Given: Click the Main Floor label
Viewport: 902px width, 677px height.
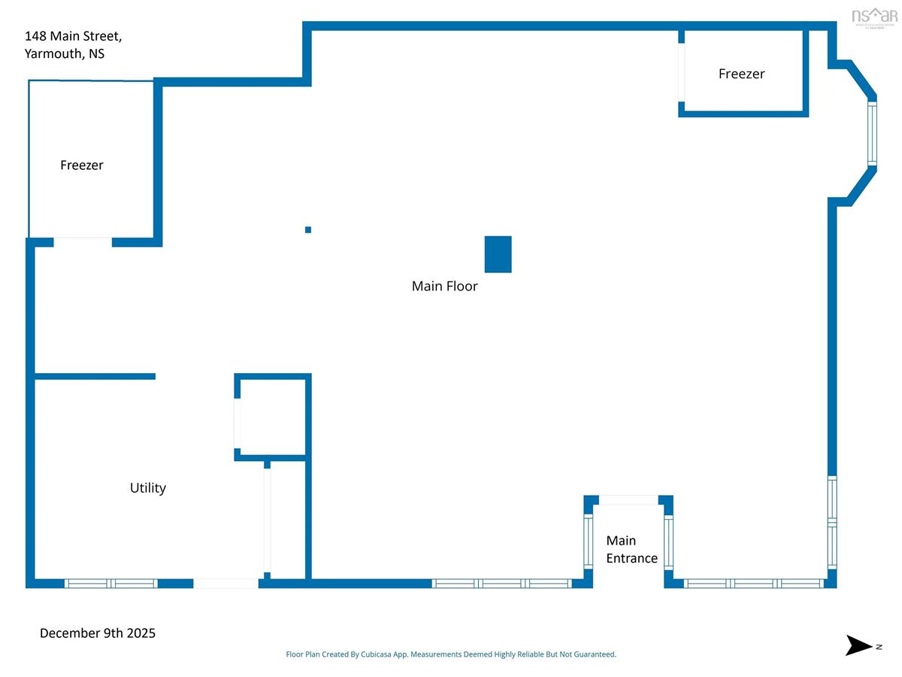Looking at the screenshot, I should click(x=444, y=286).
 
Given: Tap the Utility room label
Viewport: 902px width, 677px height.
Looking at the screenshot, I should click(x=147, y=487).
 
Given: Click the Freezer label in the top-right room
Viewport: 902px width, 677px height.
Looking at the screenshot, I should click(x=741, y=74).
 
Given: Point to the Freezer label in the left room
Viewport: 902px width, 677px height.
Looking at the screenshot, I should click(x=81, y=165).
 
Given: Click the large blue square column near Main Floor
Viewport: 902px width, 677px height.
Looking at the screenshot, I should click(x=498, y=254).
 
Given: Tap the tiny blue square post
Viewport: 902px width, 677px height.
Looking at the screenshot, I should click(x=307, y=229).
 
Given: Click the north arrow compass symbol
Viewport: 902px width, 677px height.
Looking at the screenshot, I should click(x=858, y=645).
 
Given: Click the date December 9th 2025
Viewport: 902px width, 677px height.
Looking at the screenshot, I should click(x=98, y=633).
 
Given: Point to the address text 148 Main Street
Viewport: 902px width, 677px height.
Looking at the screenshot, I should click(x=73, y=35).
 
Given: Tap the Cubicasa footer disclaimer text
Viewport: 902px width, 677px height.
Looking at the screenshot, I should click(x=451, y=654).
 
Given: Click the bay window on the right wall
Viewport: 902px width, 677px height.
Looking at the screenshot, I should click(x=872, y=133).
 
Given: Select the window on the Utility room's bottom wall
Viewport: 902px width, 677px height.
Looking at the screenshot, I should click(x=111, y=583).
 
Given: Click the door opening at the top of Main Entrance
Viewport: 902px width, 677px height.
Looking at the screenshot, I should click(x=628, y=499).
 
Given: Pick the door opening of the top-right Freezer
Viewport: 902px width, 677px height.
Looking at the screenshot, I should click(x=682, y=72).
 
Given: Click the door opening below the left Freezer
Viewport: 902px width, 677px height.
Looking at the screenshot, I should click(x=83, y=241).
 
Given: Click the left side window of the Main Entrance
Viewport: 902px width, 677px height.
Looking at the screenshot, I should click(x=589, y=542).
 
